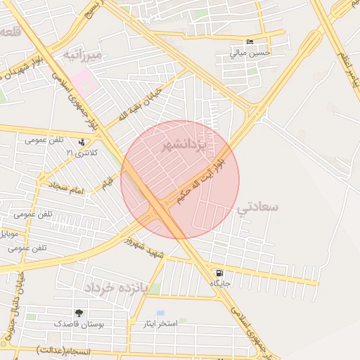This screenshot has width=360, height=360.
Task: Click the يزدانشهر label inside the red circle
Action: (x=184, y=146)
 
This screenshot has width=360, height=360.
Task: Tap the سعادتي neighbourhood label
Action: (x=258, y=207)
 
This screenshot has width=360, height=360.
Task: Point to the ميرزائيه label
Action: (x=82, y=54)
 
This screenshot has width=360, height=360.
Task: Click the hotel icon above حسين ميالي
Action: (x=250, y=41)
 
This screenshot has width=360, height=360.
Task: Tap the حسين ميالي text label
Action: (x=252, y=53)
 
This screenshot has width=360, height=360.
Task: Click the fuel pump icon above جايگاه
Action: (x=220, y=273)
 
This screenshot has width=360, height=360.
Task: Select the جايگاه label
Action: (x=220, y=283)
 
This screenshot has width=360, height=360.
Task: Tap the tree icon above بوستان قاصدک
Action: (x=78, y=313)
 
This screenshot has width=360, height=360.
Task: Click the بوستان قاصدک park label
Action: (x=79, y=324)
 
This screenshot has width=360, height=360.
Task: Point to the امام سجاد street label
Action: (x=66, y=191)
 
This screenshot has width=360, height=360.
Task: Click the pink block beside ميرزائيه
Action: (x=84, y=79)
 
